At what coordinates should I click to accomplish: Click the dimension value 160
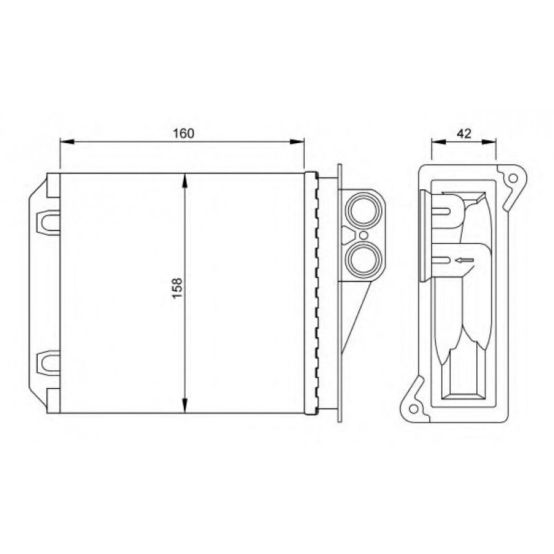pos(183,134)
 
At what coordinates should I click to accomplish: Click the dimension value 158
pos(177,287)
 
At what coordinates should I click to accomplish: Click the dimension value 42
pos(464,134)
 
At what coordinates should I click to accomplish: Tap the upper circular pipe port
pos(363,211)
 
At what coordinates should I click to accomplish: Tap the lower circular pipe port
pos(363,259)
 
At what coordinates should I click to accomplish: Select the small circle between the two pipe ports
pos(363,235)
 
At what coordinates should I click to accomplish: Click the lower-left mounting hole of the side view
pos(413,408)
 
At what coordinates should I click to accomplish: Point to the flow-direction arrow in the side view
pos(465,260)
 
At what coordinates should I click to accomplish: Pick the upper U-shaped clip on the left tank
pos(48,222)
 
